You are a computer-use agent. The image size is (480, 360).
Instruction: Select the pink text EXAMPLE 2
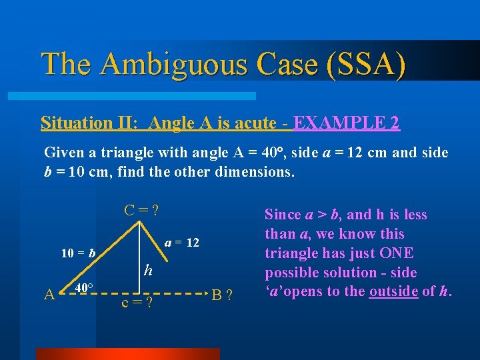point(347,123)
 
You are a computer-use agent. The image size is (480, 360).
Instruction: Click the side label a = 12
point(182,243)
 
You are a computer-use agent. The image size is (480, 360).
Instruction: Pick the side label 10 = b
point(78,253)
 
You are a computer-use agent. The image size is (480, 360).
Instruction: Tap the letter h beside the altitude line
point(149,271)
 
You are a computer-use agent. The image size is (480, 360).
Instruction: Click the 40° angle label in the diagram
point(83,288)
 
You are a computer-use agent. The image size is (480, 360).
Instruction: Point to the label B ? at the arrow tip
point(222,294)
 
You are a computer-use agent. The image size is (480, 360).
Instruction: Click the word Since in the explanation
point(283,215)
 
